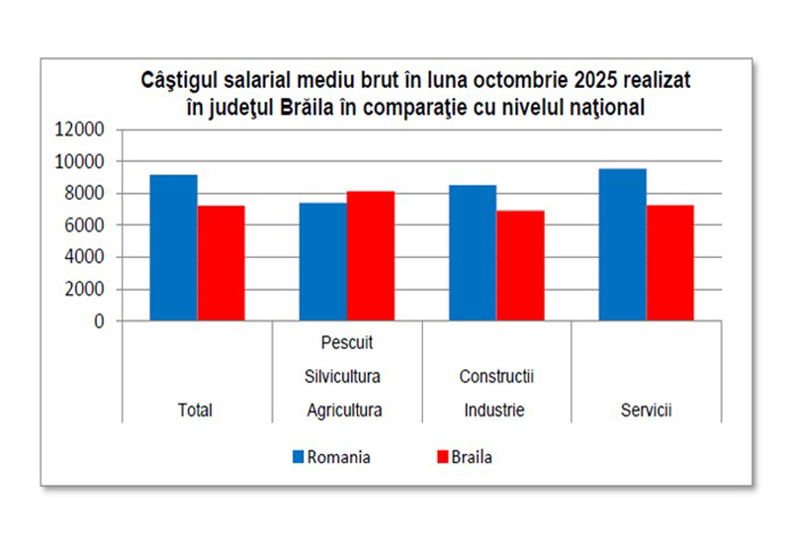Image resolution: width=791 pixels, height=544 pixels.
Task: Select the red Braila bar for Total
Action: [220, 263]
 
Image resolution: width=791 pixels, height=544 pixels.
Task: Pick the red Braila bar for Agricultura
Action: [370, 255]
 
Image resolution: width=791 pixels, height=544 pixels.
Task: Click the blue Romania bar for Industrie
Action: [473, 252]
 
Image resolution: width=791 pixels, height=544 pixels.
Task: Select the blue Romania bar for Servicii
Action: [622, 244]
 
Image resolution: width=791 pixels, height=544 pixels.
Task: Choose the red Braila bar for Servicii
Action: [669, 262]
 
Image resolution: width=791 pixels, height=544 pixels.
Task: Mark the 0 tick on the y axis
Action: [98, 321]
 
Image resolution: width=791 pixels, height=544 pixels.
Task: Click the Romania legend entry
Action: [331, 457]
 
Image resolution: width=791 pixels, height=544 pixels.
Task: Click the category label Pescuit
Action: [346, 343]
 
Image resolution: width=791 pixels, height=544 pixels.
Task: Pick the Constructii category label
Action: [496, 376]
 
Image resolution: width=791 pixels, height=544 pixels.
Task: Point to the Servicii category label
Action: [647, 409]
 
